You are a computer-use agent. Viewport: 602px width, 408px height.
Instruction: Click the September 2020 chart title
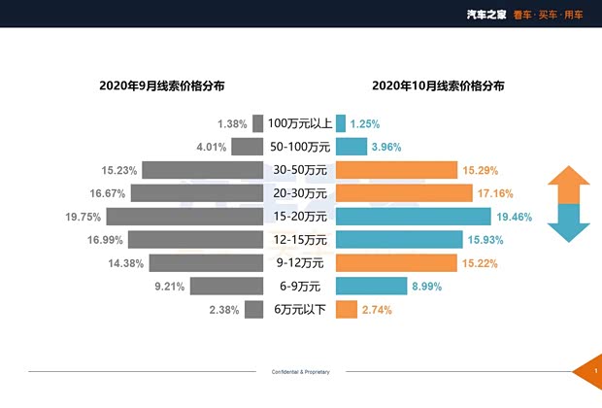pyautogui.click(x=162, y=85)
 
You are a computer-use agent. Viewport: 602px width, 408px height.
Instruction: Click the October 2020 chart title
pyautogui.click(x=437, y=85)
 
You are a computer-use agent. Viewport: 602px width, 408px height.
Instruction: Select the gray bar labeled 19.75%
pyautogui.click(x=184, y=217)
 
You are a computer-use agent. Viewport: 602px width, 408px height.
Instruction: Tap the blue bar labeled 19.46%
pyautogui.click(x=414, y=217)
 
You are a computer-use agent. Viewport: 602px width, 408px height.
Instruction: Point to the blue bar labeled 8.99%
pyautogui.click(x=371, y=287)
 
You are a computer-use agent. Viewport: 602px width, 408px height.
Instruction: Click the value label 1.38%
pyautogui.click(x=233, y=124)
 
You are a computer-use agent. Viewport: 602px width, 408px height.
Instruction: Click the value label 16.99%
pyautogui.click(x=105, y=240)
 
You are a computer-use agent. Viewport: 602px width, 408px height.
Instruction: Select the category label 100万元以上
pyautogui.click(x=300, y=123)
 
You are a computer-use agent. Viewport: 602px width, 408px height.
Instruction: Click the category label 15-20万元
pyautogui.click(x=300, y=217)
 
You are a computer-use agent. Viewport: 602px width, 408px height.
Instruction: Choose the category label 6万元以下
pyautogui.click(x=300, y=310)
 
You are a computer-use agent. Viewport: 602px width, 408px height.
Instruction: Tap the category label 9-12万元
pyautogui.click(x=300, y=263)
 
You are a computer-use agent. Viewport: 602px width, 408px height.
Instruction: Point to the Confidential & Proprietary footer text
pyautogui.click(x=300, y=372)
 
